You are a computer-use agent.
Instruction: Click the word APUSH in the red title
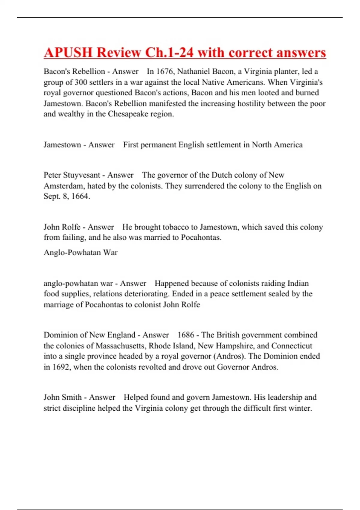coord(68,53)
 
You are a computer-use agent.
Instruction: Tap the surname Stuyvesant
coord(82,175)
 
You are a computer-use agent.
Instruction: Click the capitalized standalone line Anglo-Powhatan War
coord(80,253)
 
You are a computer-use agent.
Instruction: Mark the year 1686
coord(186,335)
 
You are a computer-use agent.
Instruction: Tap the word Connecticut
coord(292,346)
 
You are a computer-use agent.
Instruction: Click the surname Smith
coord(71,397)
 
